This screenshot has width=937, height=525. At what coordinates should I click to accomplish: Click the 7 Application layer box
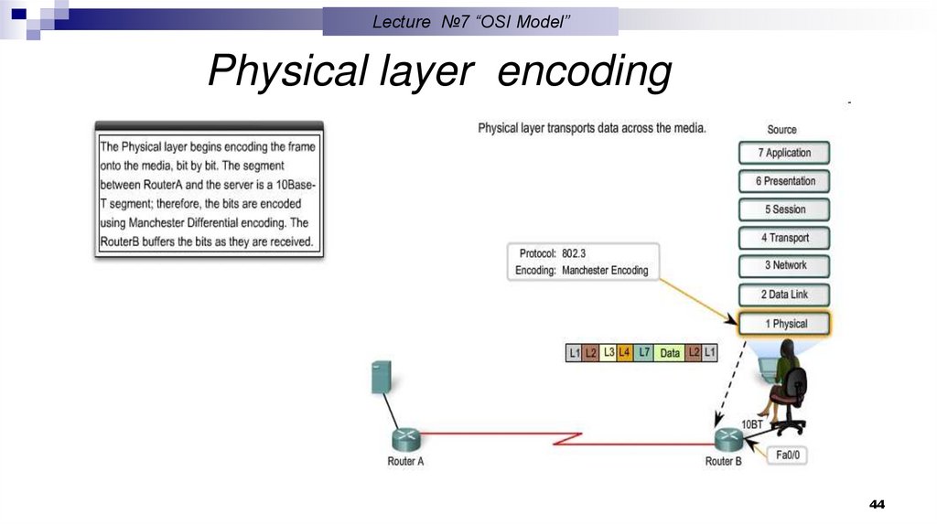(x=784, y=153)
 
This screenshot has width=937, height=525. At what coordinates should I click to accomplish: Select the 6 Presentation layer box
(x=784, y=181)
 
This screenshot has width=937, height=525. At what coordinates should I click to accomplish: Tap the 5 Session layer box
(x=784, y=209)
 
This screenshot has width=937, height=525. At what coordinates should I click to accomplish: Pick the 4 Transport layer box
(x=784, y=238)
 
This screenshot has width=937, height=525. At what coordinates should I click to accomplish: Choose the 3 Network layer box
(x=784, y=265)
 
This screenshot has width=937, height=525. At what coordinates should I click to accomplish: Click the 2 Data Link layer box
(x=784, y=295)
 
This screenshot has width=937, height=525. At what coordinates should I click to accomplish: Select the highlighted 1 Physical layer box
(x=784, y=324)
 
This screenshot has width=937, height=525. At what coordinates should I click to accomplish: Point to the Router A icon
(x=404, y=439)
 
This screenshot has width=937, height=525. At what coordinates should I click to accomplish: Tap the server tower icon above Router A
(x=382, y=377)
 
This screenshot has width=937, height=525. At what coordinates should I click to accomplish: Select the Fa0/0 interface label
(x=792, y=455)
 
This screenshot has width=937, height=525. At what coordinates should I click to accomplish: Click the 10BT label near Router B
(x=752, y=425)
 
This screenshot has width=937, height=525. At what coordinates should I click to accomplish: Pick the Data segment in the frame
(x=670, y=352)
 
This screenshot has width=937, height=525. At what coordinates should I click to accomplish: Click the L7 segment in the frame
(x=644, y=352)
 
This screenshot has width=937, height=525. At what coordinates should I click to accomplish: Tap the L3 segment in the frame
(x=609, y=352)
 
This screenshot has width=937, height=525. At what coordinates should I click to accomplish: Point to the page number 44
(x=877, y=505)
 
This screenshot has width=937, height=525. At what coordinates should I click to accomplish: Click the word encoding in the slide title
(x=584, y=73)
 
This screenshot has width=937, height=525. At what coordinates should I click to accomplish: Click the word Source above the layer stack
(x=781, y=130)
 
